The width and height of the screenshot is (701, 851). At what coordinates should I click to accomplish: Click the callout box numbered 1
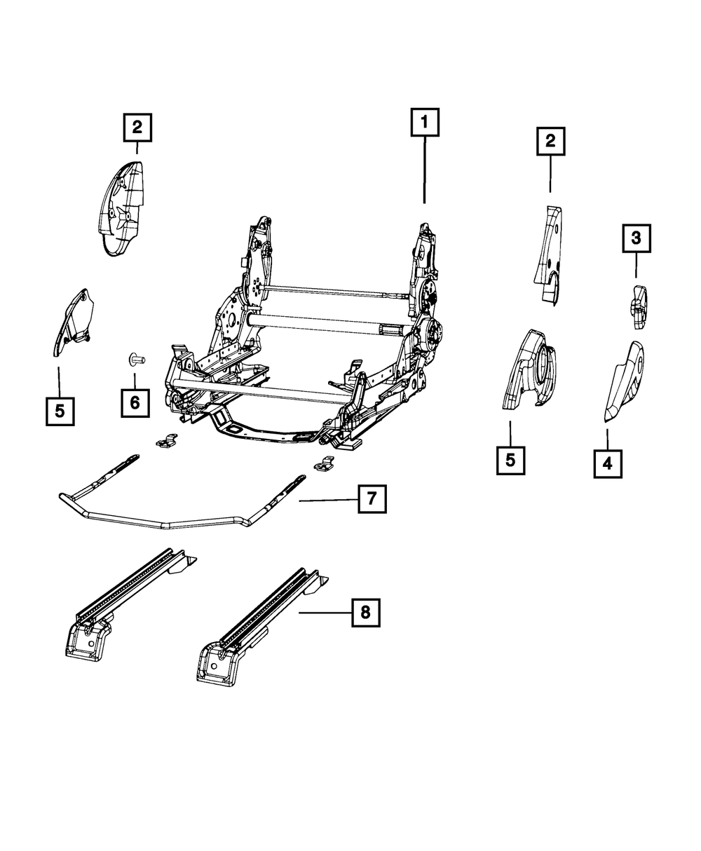pos(425,125)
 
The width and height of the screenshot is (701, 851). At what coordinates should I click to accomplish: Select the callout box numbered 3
pos(635,239)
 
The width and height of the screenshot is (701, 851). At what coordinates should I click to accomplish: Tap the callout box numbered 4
pos(607,463)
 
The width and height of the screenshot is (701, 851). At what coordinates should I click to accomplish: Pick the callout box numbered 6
pos(135,402)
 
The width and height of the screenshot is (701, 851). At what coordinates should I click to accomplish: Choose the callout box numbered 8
pos(365,613)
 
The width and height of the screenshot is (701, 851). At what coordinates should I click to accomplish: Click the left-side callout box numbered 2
pos(137,128)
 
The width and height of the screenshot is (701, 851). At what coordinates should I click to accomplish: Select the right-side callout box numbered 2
pos(550,142)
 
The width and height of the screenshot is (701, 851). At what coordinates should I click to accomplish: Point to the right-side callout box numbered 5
pos(510,461)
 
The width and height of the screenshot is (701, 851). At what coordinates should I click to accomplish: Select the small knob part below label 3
pos(639,307)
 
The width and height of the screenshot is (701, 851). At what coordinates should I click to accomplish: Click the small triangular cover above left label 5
pos(74,319)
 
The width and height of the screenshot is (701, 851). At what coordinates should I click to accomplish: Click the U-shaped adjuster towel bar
pos(168,522)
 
